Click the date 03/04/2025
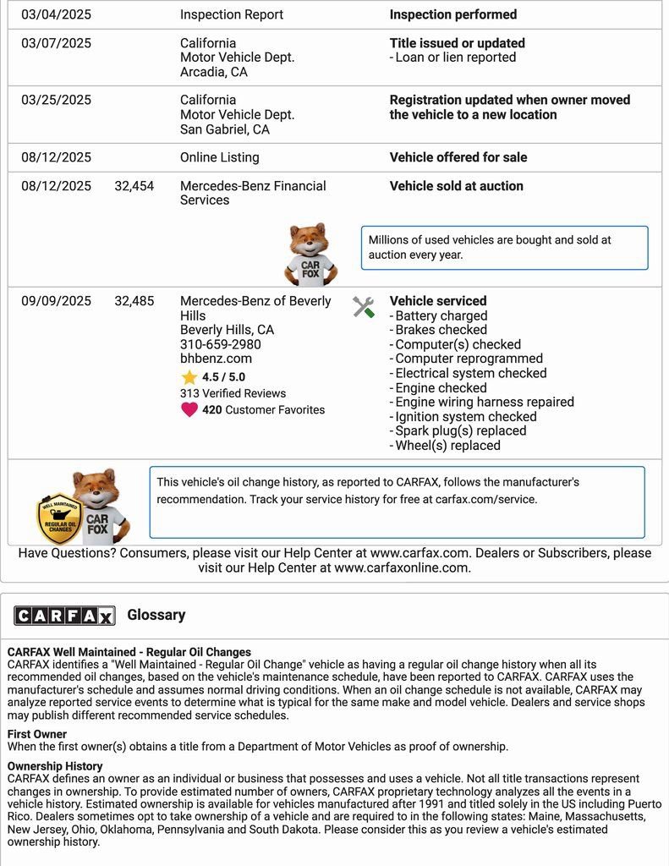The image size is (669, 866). click(x=56, y=14)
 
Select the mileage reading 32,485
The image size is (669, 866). click(x=134, y=301)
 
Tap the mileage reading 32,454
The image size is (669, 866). click(x=134, y=186)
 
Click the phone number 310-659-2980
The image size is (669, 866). click(x=220, y=344)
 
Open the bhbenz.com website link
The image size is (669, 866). click(x=216, y=359)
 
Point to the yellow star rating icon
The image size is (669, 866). click(x=189, y=377)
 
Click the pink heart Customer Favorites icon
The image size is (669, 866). click(x=189, y=410)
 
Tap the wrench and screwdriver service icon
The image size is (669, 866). click(x=364, y=308)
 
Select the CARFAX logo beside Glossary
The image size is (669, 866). click(x=64, y=616)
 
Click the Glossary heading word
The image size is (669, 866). click(x=156, y=615)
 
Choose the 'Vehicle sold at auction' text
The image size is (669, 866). click(x=456, y=186)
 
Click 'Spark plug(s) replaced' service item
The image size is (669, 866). click(x=460, y=430)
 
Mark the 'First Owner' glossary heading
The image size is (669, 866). click(x=37, y=734)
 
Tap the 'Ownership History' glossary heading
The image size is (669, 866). click(x=55, y=766)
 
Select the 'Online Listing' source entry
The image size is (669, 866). click(x=219, y=157)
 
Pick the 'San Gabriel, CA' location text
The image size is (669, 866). click(x=224, y=129)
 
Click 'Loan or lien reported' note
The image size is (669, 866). click(x=455, y=58)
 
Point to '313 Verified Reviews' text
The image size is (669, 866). click(x=233, y=393)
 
